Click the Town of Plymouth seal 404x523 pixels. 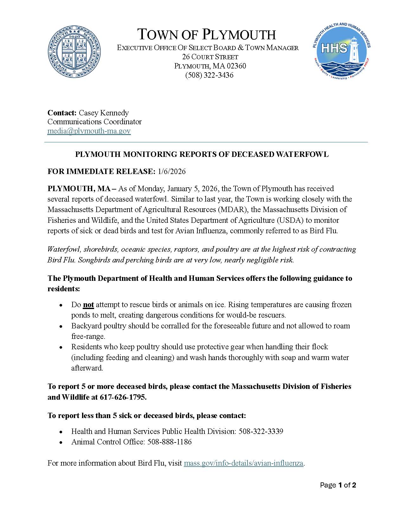[x=74, y=52]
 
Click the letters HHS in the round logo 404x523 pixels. [x=334, y=48]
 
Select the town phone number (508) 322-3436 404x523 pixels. [x=209, y=75]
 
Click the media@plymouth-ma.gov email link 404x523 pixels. [x=89, y=131]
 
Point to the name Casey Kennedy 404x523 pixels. [x=104, y=113]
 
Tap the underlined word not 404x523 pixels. [x=88, y=305]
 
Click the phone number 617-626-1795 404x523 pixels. [x=123, y=397]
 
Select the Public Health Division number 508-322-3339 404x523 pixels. [x=261, y=431]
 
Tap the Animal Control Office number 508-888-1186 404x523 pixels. [x=169, y=442]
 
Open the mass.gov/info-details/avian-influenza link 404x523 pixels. [x=243, y=463]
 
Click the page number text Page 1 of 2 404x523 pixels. [x=338, y=485]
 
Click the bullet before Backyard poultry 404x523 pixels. [x=61, y=326]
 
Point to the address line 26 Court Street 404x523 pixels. [x=210, y=57]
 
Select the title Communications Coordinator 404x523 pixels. [x=94, y=122]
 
